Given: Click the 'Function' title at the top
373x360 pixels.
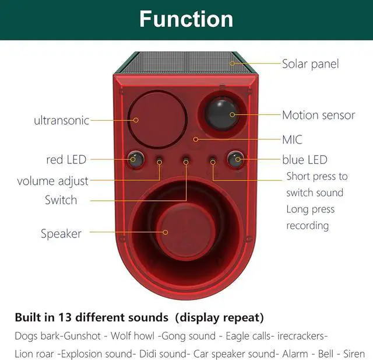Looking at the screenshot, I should pyautogui.click(x=186, y=19).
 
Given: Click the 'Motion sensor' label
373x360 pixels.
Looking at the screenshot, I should pyautogui.click(x=318, y=115).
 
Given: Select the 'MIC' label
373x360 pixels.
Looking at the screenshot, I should pyautogui.click(x=291, y=140).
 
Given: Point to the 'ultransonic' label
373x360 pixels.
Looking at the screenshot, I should pyautogui.click(x=61, y=121).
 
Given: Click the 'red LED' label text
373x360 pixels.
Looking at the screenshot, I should pyautogui.click(x=66, y=159).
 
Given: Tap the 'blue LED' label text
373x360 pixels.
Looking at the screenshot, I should pyautogui.click(x=305, y=159).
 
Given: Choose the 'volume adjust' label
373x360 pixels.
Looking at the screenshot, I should pyautogui.click(x=52, y=181).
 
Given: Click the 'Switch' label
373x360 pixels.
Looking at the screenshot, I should pyautogui.click(x=61, y=200).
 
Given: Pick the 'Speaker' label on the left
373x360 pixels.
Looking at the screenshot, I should pyautogui.click(x=61, y=234).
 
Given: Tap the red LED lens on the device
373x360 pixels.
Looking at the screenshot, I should pyautogui.click(x=134, y=158).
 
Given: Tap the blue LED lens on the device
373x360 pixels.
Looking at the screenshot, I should pyautogui.click(x=235, y=158).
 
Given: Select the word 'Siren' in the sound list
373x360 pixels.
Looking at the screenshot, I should pyautogui.click(x=354, y=354).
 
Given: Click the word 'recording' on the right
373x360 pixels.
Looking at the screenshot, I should pyautogui.click(x=308, y=226).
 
